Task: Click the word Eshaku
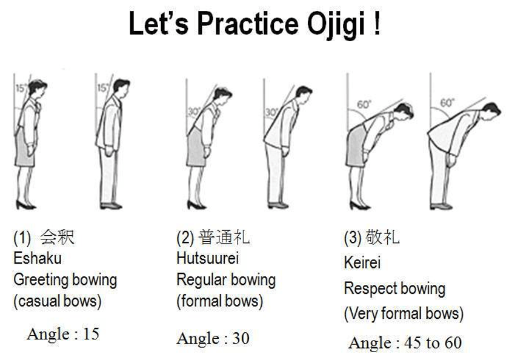[38, 258]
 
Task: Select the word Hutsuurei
[207, 258]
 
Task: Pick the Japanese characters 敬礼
[383, 237]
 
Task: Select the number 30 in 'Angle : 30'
[241, 338]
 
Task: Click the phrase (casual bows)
[58, 301]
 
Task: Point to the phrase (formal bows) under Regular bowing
[220, 301]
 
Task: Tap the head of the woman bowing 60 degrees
[404, 111]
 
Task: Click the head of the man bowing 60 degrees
[491, 110]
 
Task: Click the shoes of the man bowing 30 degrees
[278, 205]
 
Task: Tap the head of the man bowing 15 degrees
[121, 86]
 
